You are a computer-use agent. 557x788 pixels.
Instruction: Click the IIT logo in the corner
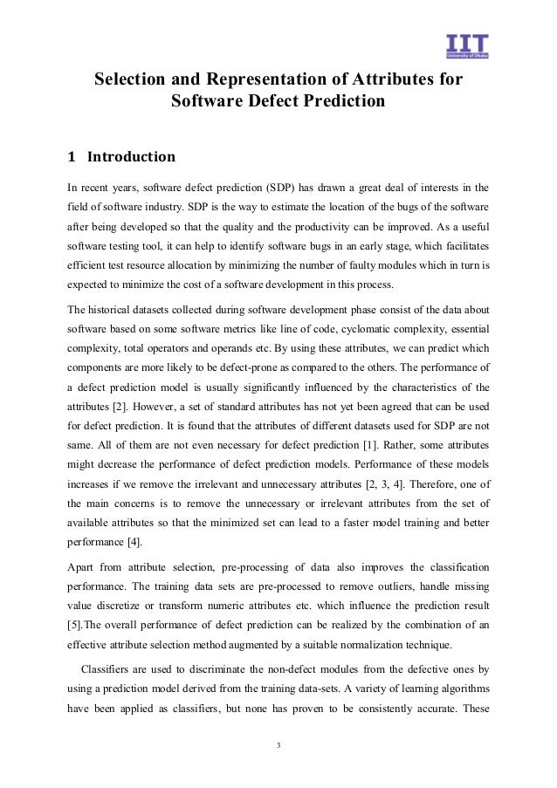(466, 45)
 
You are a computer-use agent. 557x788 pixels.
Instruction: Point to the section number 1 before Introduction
(72, 157)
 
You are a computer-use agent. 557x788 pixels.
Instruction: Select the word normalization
(361, 644)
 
